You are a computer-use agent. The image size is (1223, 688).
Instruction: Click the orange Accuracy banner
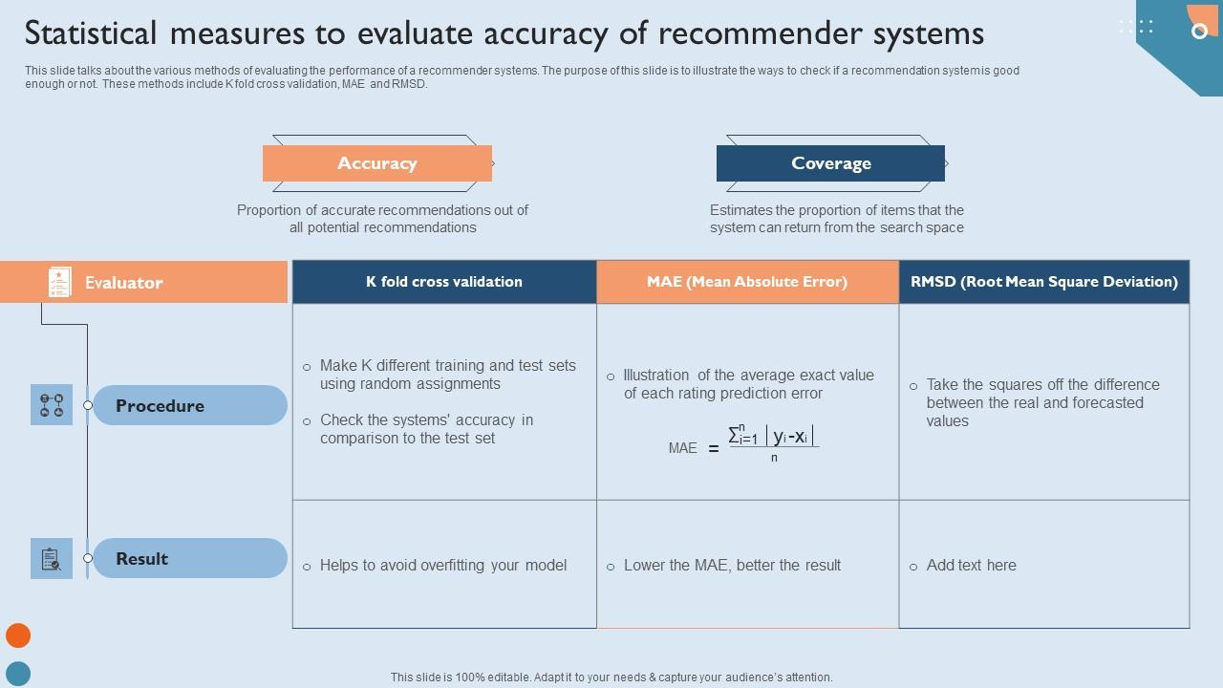[x=377, y=163]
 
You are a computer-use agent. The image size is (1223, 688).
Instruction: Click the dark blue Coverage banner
[x=830, y=163]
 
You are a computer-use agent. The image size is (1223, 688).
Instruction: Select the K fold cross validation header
[x=444, y=282]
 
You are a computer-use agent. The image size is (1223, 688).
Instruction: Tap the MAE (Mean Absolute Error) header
[x=747, y=282]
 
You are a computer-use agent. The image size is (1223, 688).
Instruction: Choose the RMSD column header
[x=1043, y=282]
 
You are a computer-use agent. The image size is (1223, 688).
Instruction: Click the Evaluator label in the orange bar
[x=124, y=283]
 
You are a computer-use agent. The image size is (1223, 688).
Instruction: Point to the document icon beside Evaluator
[x=59, y=282]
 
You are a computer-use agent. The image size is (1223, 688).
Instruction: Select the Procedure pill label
[x=161, y=406]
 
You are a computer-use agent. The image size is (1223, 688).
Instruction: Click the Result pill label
[x=142, y=559]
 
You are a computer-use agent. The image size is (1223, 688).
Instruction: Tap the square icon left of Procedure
[x=52, y=405]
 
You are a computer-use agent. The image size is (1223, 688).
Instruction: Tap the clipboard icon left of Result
[x=52, y=559]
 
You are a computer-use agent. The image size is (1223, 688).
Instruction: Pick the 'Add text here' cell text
[x=971, y=566]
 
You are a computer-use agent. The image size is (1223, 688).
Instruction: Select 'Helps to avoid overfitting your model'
[x=442, y=566]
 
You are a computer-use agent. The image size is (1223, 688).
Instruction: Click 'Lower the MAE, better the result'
[x=732, y=566]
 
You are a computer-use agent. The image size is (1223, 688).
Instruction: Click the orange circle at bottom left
[x=18, y=635]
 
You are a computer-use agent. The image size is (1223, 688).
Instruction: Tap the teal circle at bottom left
[x=18, y=674]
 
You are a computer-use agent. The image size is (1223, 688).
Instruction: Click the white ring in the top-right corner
[x=1199, y=32]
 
